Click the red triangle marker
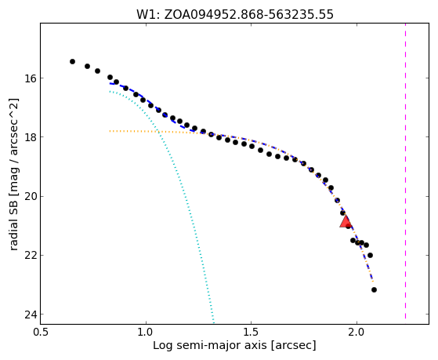(346, 221)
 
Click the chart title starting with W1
(235, 15)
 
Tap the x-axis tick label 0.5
(41, 333)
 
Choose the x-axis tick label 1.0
(146, 333)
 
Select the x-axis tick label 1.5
(252, 333)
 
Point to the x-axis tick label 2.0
(357, 333)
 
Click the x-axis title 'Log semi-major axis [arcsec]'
(234, 346)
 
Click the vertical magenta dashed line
(405, 171)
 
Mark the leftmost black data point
(72, 61)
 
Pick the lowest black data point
(374, 289)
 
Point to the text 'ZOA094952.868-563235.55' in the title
(248, 15)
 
